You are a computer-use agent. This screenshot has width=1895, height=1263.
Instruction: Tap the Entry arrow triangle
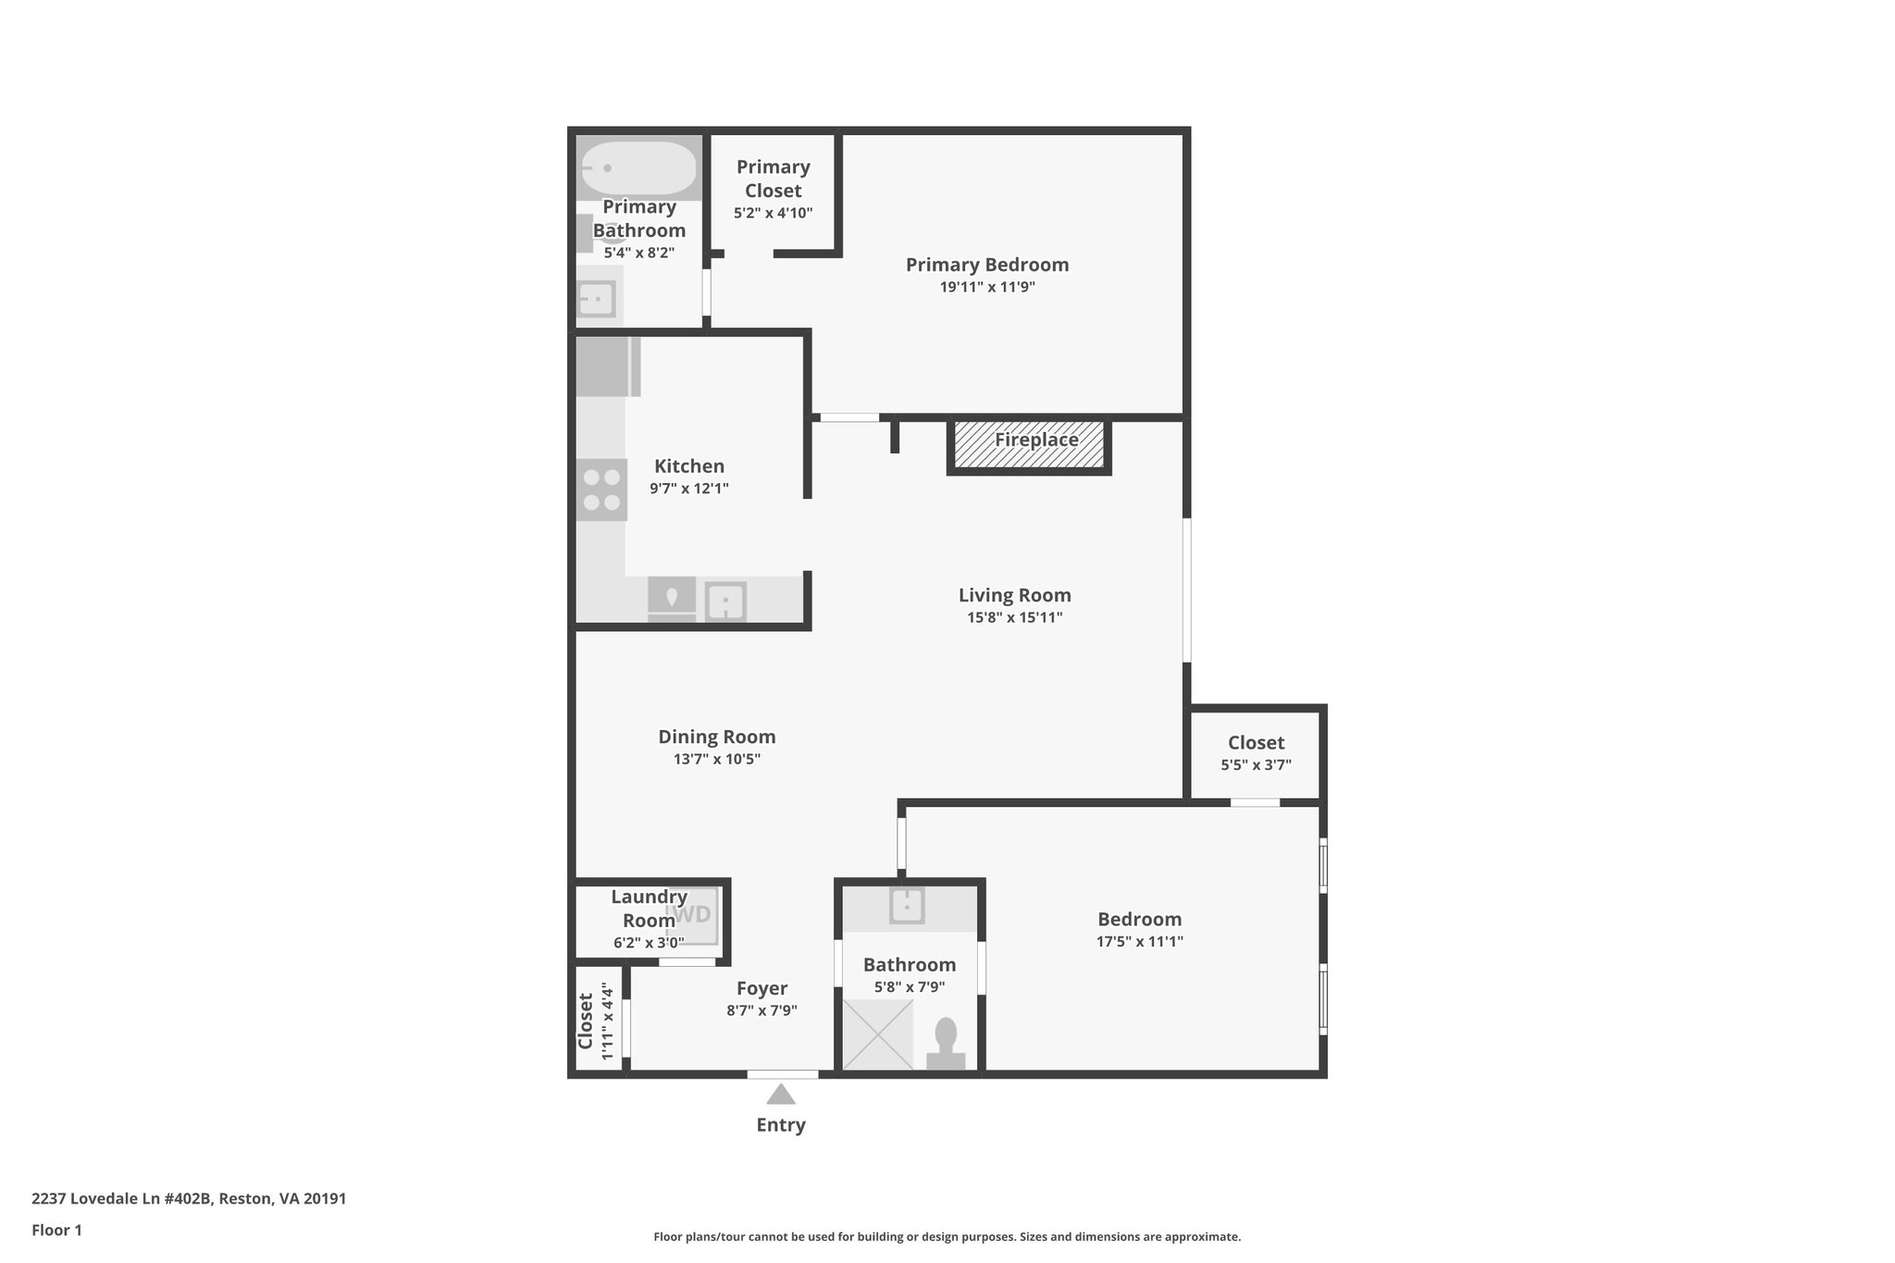[x=781, y=1095]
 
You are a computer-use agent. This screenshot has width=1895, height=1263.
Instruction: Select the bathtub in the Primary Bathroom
[x=638, y=168]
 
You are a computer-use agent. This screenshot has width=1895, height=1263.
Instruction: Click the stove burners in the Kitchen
[x=601, y=489]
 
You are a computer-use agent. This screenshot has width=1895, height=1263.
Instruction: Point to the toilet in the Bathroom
[x=946, y=1046]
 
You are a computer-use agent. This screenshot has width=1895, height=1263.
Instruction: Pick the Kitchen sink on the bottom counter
[x=725, y=602]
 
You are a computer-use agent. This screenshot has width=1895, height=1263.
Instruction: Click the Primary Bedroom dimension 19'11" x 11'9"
[x=987, y=287]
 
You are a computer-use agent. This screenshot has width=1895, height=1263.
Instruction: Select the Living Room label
[x=1014, y=595]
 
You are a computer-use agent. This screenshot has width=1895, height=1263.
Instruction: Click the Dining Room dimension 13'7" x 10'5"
[x=716, y=760]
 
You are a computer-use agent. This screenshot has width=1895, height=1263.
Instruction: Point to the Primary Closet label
[x=773, y=179]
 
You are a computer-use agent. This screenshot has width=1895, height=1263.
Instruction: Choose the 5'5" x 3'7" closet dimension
[x=1256, y=765]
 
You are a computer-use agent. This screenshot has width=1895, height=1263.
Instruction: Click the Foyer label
[x=762, y=988]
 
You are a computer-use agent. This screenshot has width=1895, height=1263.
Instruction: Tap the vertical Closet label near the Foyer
[x=586, y=1021]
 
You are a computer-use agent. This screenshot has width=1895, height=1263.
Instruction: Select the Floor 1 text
[x=57, y=1231]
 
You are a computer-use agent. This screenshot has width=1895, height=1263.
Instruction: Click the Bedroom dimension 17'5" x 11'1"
[x=1139, y=942]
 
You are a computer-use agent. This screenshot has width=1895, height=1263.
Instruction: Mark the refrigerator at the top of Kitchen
[x=607, y=366]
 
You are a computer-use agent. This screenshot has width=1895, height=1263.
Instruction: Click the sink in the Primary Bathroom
[x=596, y=299]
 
